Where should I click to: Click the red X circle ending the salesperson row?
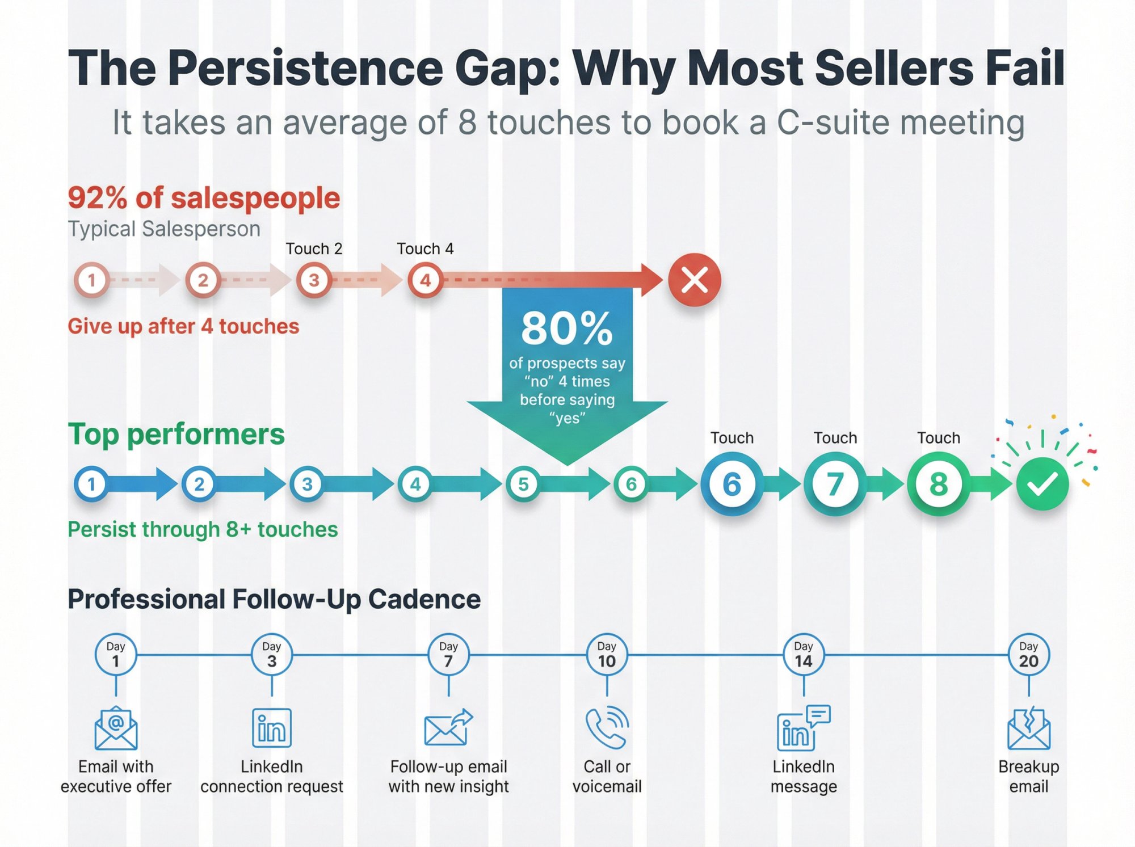pos(694,280)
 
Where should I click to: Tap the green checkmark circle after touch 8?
pos(1042,484)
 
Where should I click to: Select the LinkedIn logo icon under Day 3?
pos(271,728)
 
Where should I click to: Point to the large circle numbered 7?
pos(835,484)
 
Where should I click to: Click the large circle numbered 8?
pos(938,484)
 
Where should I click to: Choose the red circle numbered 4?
pos(424,280)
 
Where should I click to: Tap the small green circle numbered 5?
pos(523,484)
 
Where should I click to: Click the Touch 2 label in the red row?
pos(314,248)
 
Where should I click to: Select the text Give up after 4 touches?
pos(183,326)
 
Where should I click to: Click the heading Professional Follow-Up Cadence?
pos(274,599)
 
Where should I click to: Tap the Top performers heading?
pos(176,434)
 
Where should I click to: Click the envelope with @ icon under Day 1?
pos(116,728)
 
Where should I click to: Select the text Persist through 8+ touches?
pos(203,529)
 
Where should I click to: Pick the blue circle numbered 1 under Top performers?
pos(91,484)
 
